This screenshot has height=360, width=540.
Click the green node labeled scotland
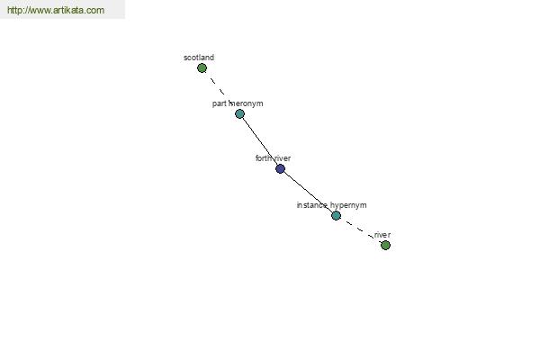tap(202, 67)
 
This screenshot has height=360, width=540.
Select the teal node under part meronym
tap(239, 113)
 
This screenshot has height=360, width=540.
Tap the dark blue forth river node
tap(280, 168)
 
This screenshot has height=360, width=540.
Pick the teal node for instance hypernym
tap(336, 215)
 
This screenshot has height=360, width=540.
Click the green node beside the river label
tap(385, 245)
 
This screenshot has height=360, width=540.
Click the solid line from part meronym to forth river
tap(260, 141)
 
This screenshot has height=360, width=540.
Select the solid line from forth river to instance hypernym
tap(308, 192)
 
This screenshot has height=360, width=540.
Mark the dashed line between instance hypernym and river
tap(361, 230)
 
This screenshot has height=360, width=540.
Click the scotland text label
tap(199, 58)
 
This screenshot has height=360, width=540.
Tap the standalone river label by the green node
tap(382, 235)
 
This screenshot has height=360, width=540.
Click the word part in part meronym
tap(219, 103)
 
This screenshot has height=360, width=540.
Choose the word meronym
tap(246, 103)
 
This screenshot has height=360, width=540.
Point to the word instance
tap(312, 205)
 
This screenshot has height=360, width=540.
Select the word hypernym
tap(348, 205)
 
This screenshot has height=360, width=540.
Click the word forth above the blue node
tap(264, 158)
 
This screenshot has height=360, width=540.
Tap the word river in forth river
tap(283, 158)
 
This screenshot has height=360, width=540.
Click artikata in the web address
tap(72, 10)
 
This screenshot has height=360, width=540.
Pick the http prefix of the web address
tap(13, 10)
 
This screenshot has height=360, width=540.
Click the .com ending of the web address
tap(94, 10)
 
